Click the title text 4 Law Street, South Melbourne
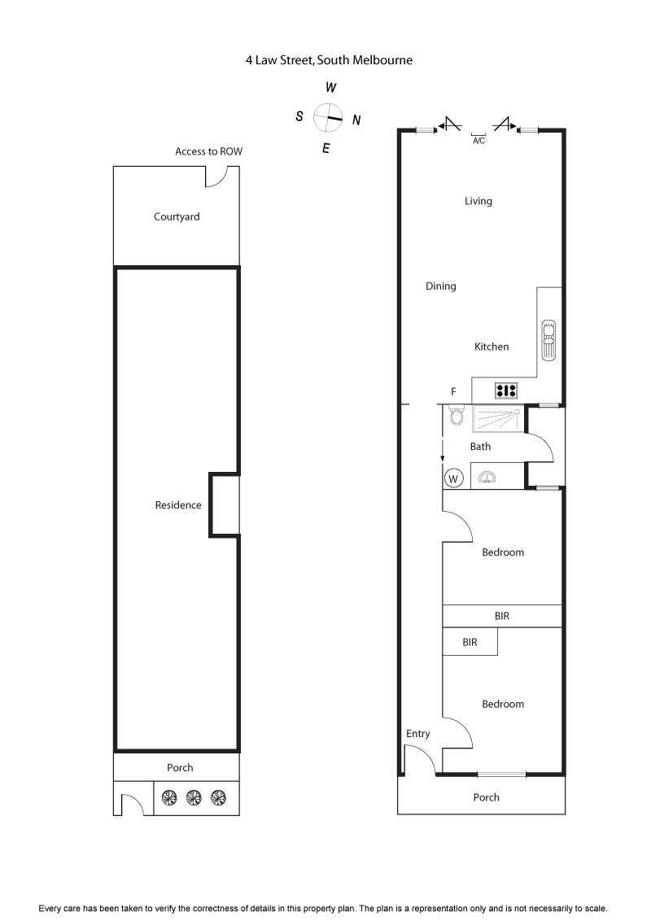[329, 59]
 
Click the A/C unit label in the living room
[478, 141]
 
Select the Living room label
[478, 201]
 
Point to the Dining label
[440, 286]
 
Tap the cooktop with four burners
[506, 391]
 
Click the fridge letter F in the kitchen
[453, 392]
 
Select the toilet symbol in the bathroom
[457, 417]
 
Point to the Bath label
[480, 447]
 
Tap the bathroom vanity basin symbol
[487, 478]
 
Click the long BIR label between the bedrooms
[501, 616]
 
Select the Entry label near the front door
[417, 734]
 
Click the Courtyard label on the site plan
[177, 216]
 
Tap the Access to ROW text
[208, 151]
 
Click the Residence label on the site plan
[178, 505]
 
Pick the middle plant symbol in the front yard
[193, 798]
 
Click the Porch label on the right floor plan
[486, 797]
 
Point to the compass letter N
[356, 120]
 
